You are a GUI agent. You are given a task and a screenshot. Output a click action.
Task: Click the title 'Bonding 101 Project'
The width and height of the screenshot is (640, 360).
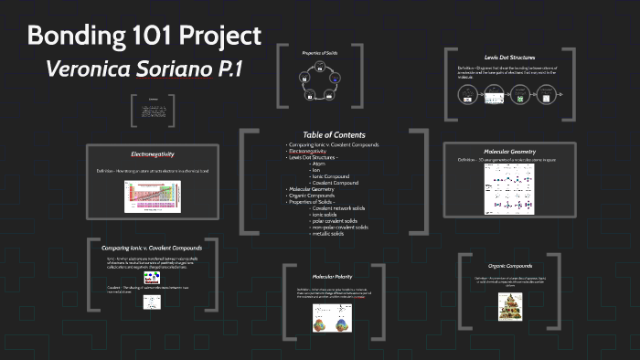pyautogui.click(x=144, y=36)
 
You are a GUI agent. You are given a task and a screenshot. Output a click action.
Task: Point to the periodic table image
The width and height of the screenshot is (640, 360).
pyautogui.click(x=153, y=196)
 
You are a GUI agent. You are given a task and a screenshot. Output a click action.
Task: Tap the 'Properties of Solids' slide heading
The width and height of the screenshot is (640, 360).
pyautogui.click(x=320, y=53)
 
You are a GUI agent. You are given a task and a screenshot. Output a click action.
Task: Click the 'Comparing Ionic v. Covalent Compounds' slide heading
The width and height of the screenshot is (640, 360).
pyautogui.click(x=153, y=247)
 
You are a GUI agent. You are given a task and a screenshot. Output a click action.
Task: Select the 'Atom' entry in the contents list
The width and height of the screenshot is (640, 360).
pyautogui.click(x=319, y=163)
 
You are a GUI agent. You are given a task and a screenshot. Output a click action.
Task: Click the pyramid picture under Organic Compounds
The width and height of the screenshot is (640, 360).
pyautogui.click(x=509, y=311)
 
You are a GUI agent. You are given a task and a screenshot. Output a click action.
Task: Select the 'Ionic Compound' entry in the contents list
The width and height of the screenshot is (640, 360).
pyautogui.click(x=332, y=175)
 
